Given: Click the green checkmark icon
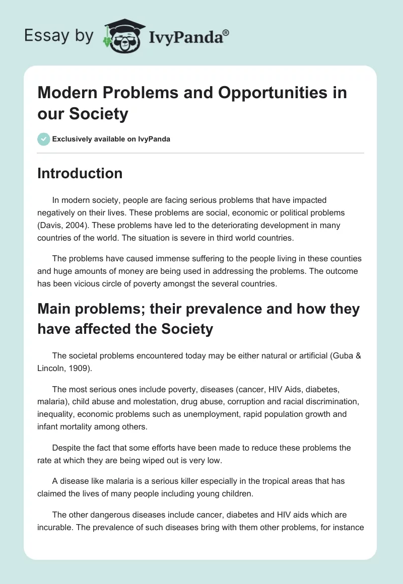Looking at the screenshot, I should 44,139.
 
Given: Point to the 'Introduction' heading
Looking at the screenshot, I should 80,173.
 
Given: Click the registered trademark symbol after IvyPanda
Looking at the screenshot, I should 226,32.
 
